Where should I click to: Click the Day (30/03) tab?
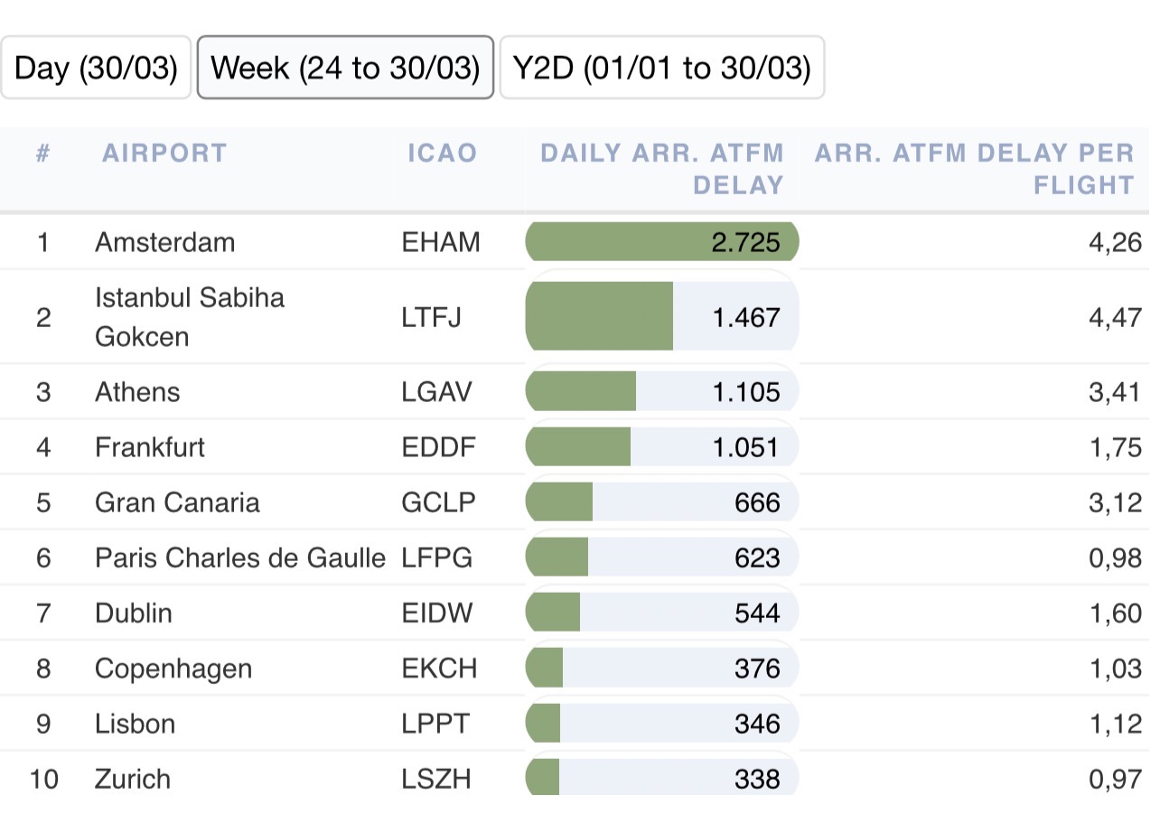(96, 68)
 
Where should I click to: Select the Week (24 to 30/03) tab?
(345, 68)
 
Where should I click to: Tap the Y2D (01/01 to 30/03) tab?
(661, 68)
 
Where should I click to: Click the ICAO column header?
(442, 153)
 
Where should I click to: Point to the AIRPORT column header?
(164, 153)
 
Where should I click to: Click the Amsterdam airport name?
(164, 242)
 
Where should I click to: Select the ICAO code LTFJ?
(432, 317)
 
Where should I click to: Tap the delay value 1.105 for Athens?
(745, 392)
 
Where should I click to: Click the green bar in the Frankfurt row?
(578, 447)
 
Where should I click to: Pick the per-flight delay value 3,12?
(1115, 502)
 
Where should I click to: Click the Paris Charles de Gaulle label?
(240, 558)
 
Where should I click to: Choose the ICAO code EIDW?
(437, 613)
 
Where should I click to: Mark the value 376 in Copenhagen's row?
(757, 669)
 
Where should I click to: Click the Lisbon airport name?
(135, 724)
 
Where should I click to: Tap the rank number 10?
(43, 779)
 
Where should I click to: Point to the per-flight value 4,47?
(1115, 317)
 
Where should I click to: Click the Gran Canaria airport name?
(177, 502)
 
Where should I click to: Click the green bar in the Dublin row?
(553, 613)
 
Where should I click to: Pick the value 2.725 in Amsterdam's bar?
(745, 242)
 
